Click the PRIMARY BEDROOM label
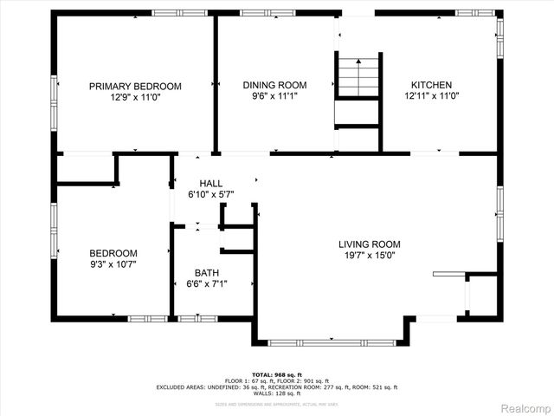point(136,86)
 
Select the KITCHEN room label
point(430,85)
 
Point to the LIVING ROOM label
point(370,244)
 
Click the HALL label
point(211,184)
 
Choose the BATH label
point(207,273)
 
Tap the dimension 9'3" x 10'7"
point(113,264)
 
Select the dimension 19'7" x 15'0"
point(370,256)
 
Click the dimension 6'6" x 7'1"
point(207,284)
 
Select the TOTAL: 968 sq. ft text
point(277,374)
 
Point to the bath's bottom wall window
point(197,318)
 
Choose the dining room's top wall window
point(255,13)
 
